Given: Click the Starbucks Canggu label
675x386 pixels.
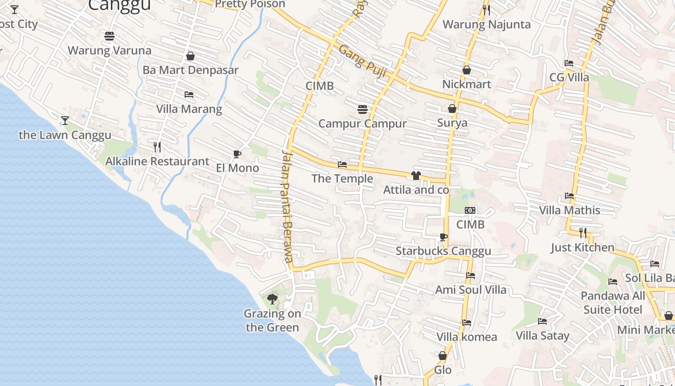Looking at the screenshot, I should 443,251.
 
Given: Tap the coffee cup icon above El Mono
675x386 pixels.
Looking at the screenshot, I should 237,154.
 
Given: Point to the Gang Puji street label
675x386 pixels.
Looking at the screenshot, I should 363,61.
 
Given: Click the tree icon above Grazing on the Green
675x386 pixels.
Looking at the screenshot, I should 272,299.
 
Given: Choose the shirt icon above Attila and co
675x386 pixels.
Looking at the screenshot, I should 416,176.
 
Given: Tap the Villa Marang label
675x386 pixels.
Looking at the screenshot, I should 189,109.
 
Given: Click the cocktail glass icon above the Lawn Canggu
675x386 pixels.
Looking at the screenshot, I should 65,120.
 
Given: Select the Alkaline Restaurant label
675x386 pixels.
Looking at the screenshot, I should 157,161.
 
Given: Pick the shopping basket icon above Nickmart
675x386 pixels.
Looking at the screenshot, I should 466,70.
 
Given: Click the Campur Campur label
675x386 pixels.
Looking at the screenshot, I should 363,124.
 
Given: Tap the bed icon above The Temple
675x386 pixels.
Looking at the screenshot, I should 342,165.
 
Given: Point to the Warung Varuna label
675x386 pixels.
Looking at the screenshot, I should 109,50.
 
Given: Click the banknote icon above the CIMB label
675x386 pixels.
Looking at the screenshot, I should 470,210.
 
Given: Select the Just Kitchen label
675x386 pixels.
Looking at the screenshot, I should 583,248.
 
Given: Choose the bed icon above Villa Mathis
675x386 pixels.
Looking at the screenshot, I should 569,196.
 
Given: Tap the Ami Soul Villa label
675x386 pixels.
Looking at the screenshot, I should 471,289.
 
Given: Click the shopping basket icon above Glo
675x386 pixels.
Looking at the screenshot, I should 443,356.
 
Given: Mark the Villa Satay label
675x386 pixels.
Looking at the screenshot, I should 542,335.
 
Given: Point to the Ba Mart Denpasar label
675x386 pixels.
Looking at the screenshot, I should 190,70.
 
